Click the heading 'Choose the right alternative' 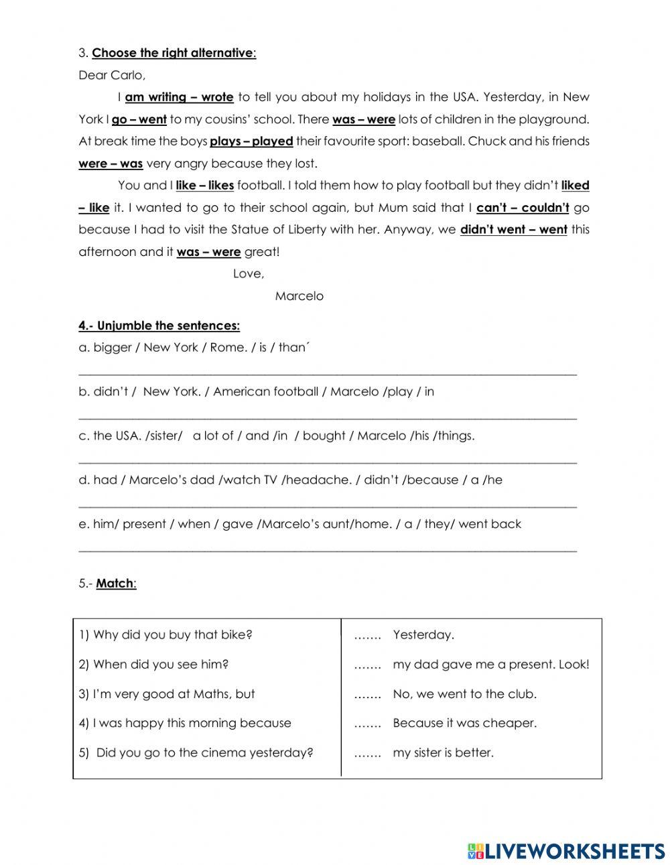pos(173,53)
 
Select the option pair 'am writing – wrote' pos(179,97)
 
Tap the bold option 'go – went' pos(139,119)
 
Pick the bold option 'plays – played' pos(251,141)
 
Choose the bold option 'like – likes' pos(204,186)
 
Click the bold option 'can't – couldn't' pos(523,208)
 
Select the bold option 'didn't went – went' pos(513,230)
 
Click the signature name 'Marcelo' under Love pos(299,296)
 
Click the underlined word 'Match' pos(115,584)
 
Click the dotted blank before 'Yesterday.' pos(367,635)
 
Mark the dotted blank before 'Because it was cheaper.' pos(367,724)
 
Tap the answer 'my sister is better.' pos(443,752)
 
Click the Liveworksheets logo pos(566,851)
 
